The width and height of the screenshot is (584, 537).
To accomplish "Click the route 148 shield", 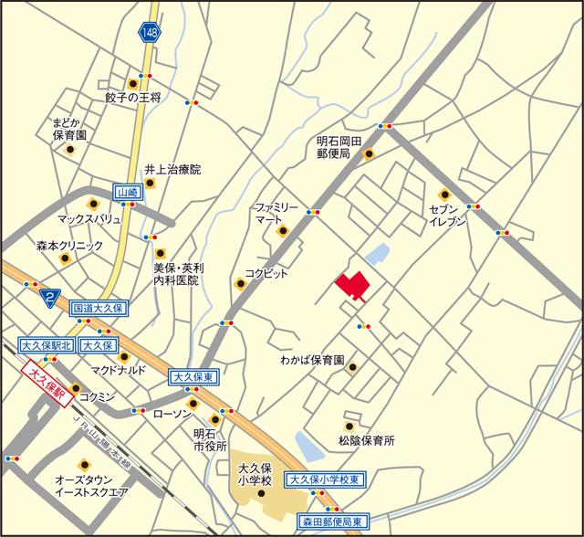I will point(149,33).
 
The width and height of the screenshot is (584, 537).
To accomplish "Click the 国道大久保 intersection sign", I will point(99,310).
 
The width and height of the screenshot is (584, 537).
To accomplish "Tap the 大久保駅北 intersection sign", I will point(46,345).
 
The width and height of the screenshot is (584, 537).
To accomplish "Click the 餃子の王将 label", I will point(132,97).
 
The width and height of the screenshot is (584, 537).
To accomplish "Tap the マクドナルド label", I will point(120,371).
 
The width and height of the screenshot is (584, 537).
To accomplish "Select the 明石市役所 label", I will point(210,440).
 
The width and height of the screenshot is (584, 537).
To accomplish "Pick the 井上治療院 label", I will point(172,170).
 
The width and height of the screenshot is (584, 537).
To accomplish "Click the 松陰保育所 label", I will point(366,440).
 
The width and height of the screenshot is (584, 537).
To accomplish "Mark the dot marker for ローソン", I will point(193,403).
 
